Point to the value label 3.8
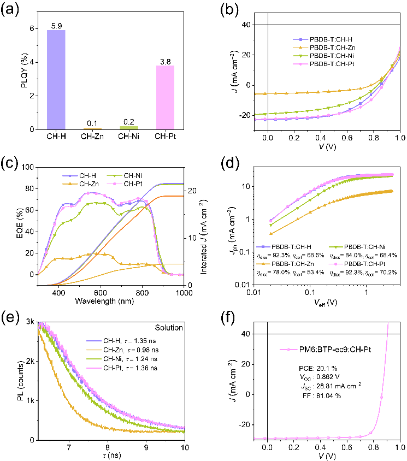coord(165,61)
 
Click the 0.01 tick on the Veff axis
coord(254,292)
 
